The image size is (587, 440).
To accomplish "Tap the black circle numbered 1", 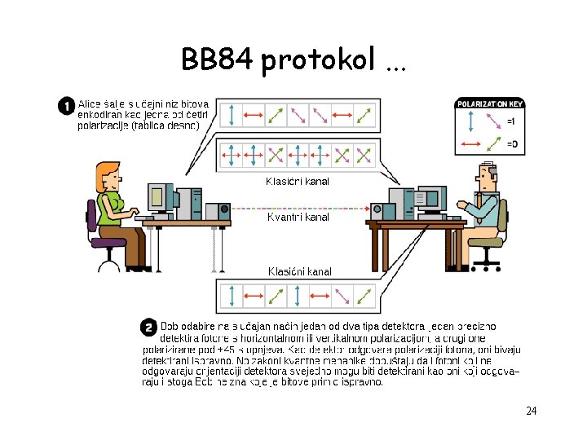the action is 65,107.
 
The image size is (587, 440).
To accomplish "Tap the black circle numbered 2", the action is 148,328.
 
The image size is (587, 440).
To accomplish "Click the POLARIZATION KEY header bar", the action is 490,103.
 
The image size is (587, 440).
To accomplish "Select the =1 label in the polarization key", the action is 510,121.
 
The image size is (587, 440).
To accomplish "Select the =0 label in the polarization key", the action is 510,144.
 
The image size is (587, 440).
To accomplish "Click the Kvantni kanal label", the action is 298,218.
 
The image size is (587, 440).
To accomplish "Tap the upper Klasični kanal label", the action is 298,182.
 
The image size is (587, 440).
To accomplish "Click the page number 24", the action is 531,411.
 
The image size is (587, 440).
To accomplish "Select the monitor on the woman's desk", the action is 158,196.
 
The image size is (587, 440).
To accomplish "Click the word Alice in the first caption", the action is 89,103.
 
